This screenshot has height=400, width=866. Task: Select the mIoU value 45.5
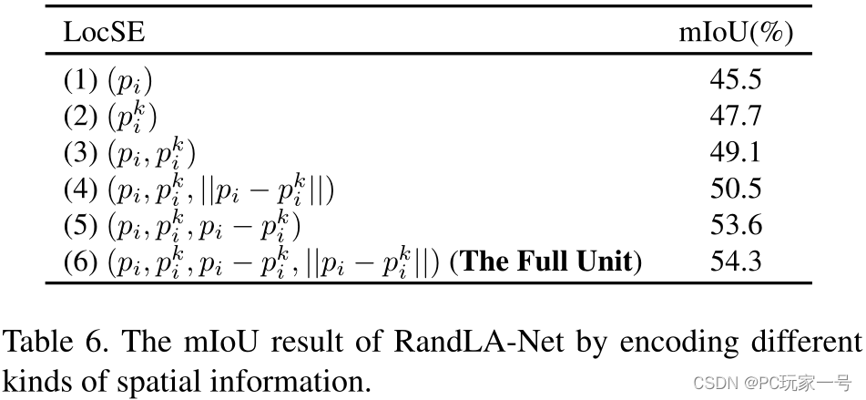736,80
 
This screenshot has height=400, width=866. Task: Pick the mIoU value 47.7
736,117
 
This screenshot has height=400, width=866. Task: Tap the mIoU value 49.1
736,153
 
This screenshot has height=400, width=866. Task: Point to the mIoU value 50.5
736,190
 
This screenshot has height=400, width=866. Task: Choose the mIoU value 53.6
736,226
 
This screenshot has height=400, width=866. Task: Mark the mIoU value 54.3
736,262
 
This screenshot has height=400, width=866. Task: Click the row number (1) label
80,80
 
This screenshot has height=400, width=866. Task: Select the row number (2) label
80,117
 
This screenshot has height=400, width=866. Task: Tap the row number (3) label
80,153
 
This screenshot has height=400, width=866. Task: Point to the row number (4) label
80,190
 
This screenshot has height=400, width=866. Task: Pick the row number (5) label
80,226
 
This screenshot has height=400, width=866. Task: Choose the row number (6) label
80,262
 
